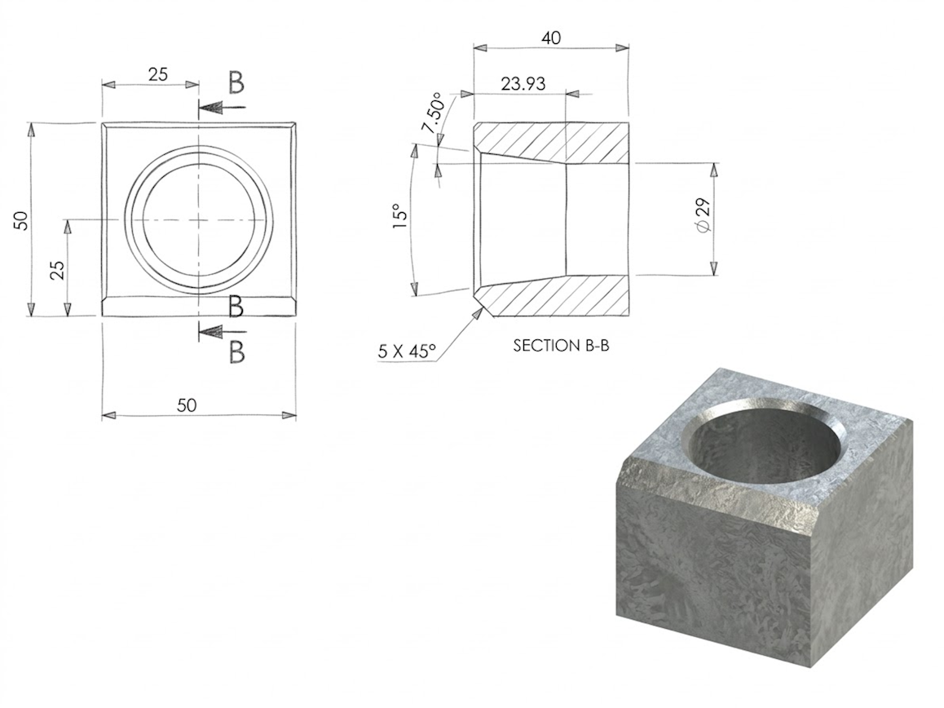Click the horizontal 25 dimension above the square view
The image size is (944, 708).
[158, 74]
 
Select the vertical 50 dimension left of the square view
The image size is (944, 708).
[22, 220]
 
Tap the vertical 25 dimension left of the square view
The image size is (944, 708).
[58, 270]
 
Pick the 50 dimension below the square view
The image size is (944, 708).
[187, 405]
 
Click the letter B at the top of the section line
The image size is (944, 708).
[236, 82]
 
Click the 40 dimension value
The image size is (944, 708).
[551, 38]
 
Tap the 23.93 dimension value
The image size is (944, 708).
[523, 83]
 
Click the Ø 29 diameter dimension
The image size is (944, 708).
[705, 219]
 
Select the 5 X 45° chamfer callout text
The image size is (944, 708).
[407, 352]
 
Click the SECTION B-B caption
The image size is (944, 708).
[561, 345]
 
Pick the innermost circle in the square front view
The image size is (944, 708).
[199, 220]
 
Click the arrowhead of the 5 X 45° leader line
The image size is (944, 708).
[477, 312]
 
